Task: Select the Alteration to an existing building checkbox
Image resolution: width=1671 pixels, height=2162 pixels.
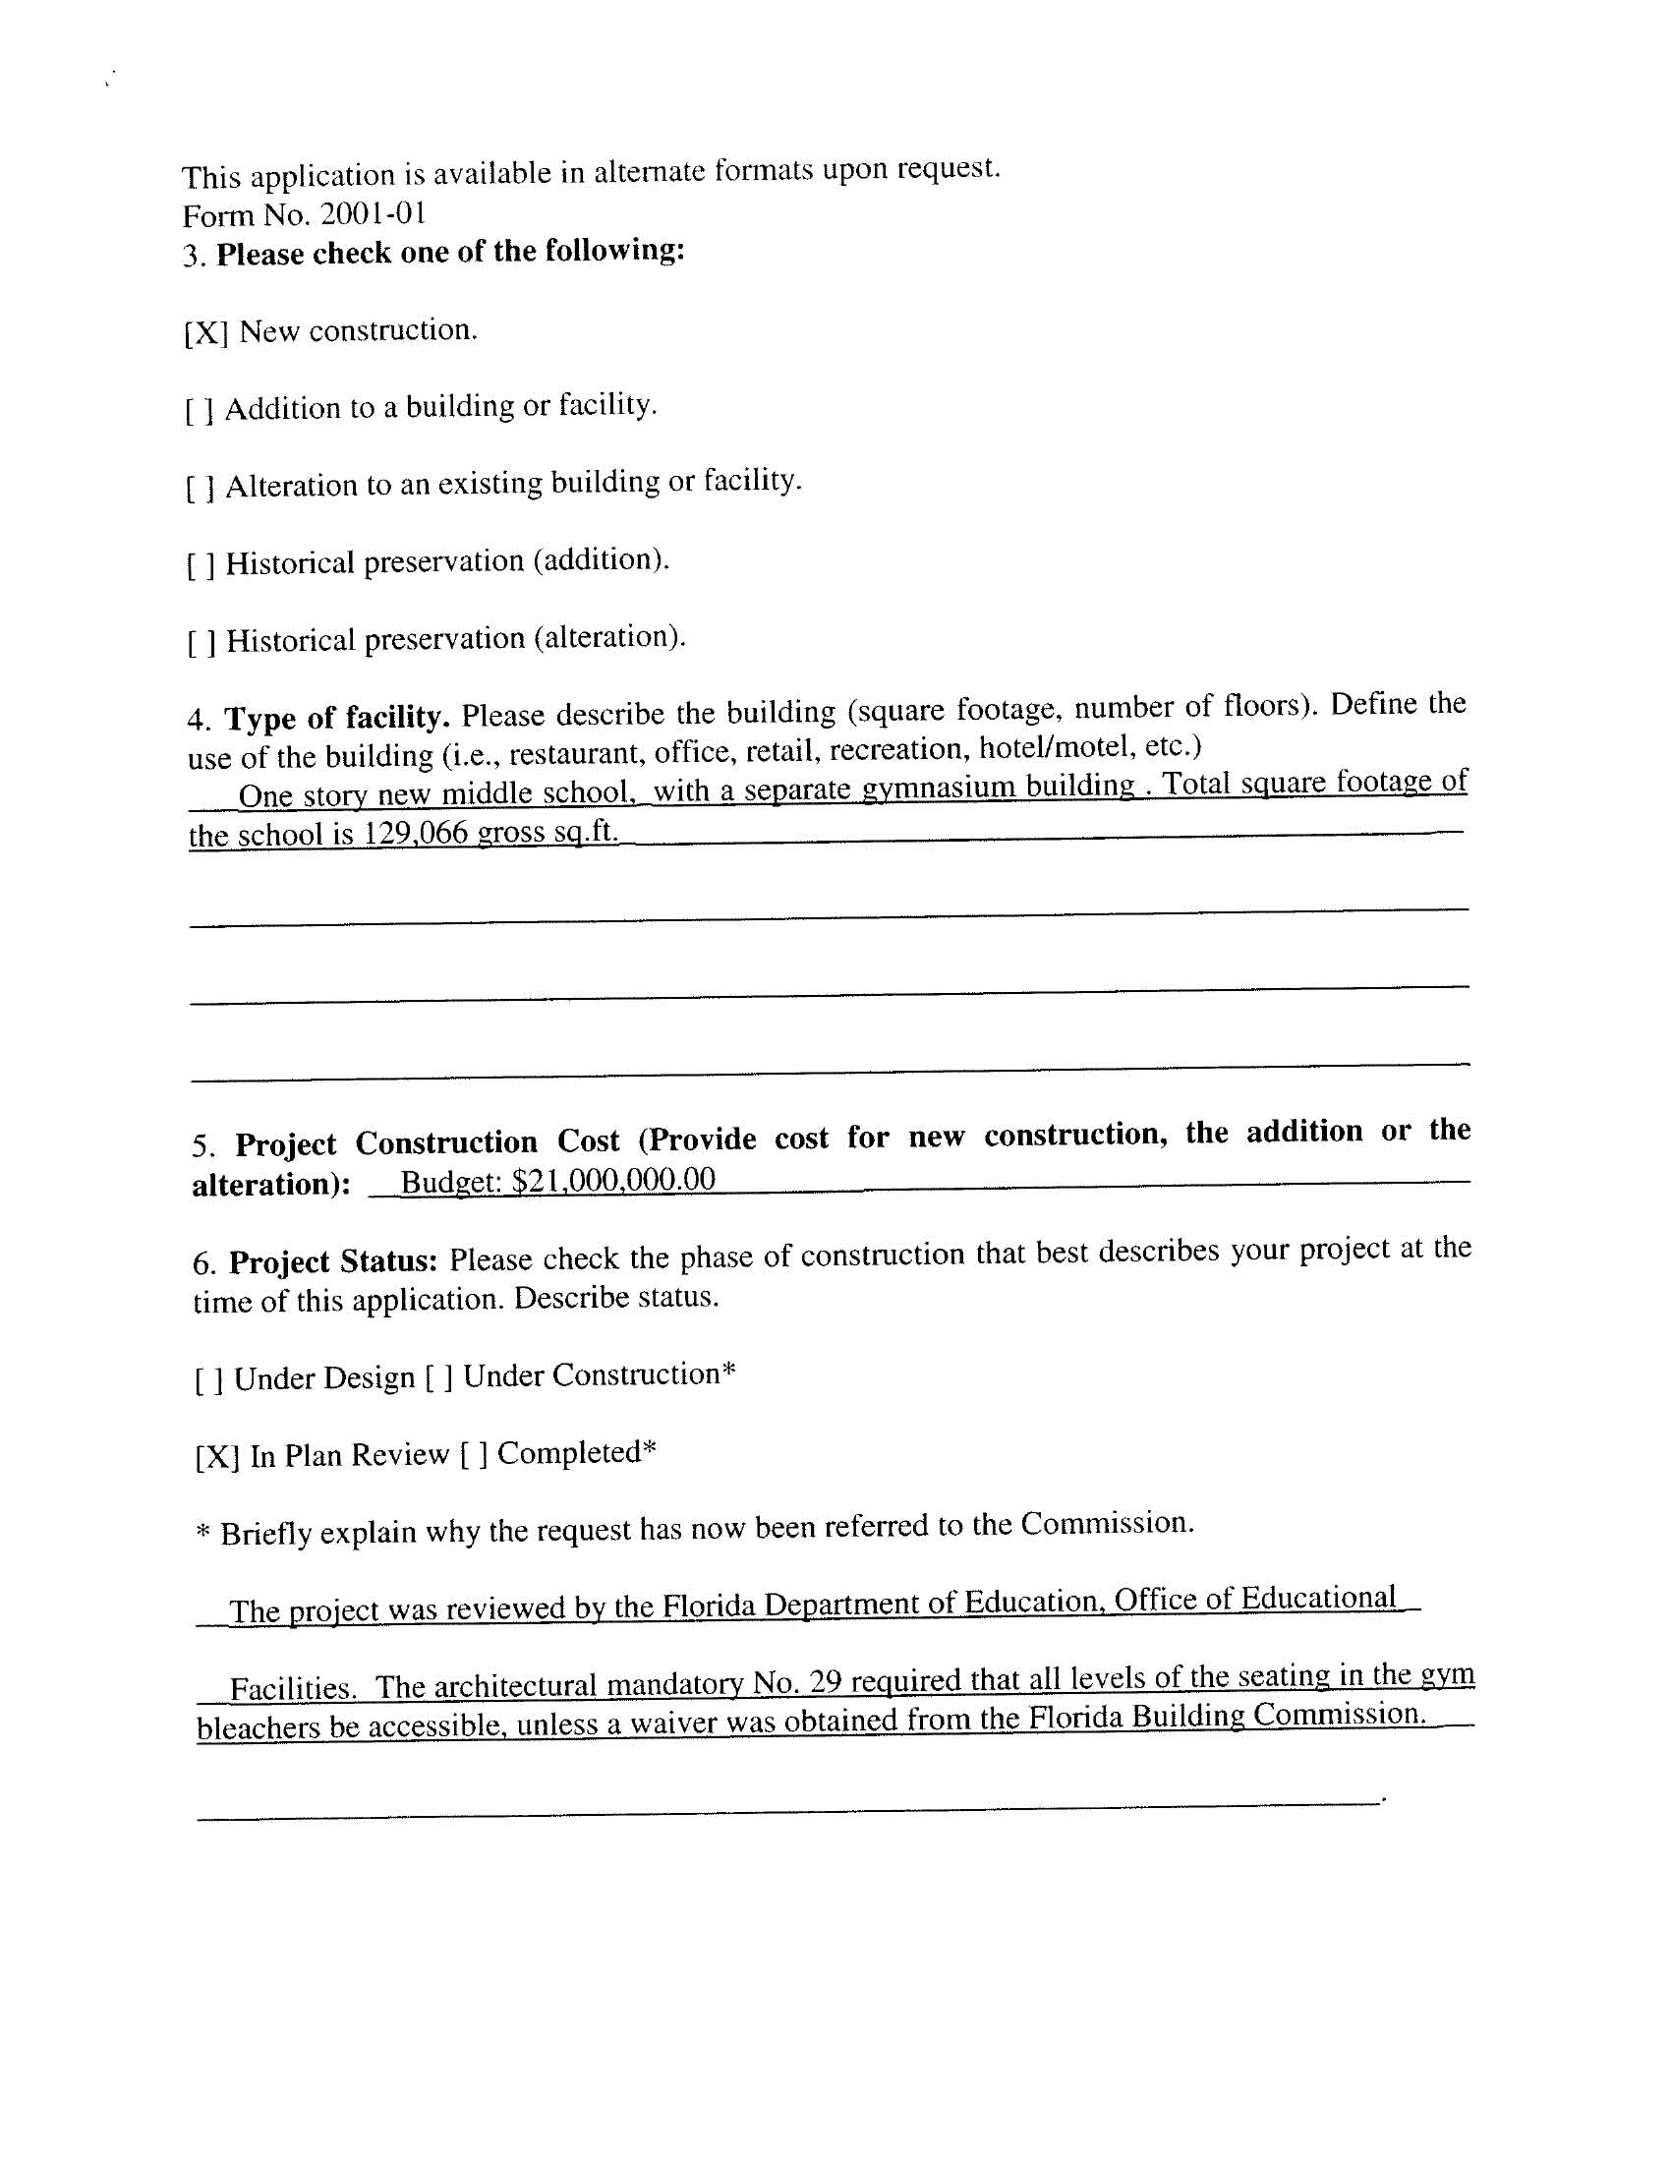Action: coord(200,488)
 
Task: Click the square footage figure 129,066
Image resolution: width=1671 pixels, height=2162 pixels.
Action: coord(416,833)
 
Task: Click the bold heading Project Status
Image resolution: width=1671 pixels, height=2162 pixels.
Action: coord(333,1262)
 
